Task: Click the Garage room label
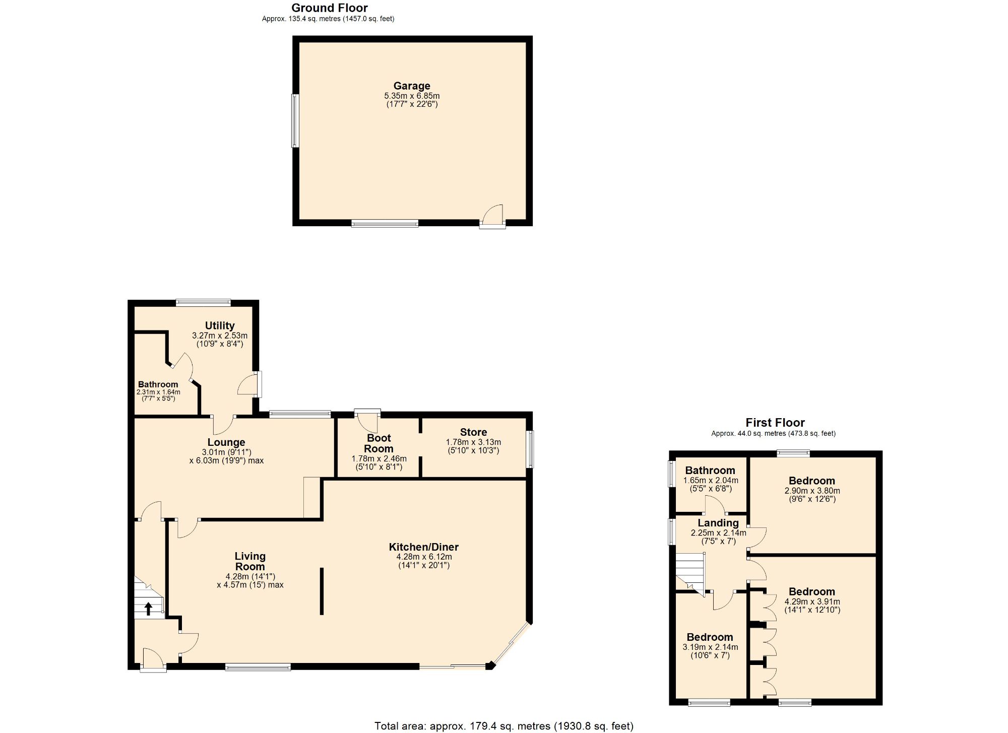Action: pyautogui.click(x=411, y=86)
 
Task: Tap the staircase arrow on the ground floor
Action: pyautogui.click(x=148, y=609)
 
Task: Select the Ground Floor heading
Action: pyautogui.click(x=329, y=8)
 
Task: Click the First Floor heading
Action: pyautogui.click(x=775, y=423)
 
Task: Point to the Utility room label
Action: pyautogui.click(x=219, y=325)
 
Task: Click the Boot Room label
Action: pyautogui.click(x=379, y=443)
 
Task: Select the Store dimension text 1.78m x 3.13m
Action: pyautogui.click(x=473, y=442)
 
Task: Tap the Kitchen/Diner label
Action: pyautogui.click(x=423, y=547)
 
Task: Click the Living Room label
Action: pyautogui.click(x=249, y=561)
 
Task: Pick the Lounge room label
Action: pyautogui.click(x=226, y=442)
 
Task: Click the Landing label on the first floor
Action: pyautogui.click(x=718, y=523)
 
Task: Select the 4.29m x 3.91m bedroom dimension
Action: pyautogui.click(x=812, y=602)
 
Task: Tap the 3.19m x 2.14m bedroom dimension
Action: pyautogui.click(x=710, y=647)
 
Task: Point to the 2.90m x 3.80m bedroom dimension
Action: pyautogui.click(x=812, y=491)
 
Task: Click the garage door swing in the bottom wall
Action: pyautogui.click(x=492, y=216)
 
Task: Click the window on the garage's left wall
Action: pyautogui.click(x=295, y=120)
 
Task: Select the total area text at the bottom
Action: pyautogui.click(x=503, y=726)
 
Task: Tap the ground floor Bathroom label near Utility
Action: pyautogui.click(x=158, y=384)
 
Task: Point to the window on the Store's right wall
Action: pyautogui.click(x=530, y=448)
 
